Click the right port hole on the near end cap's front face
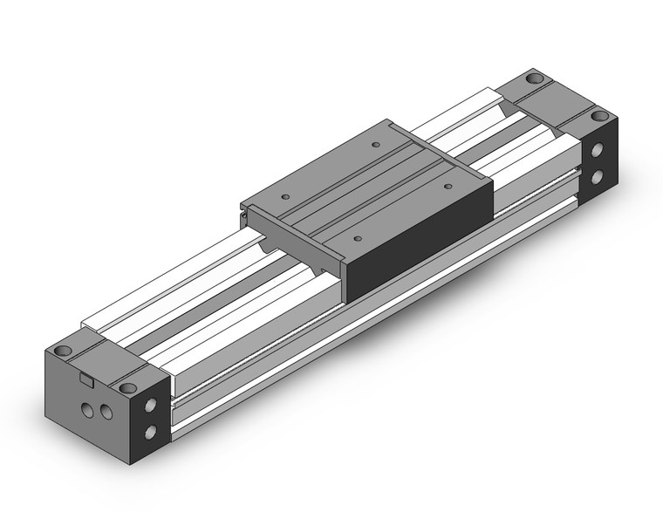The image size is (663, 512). click(105, 410)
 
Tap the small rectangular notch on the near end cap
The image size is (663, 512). click(85, 378)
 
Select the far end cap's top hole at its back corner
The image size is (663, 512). click(533, 80)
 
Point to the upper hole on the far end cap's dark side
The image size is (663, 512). click(598, 150)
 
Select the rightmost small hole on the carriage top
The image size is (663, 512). click(448, 184)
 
